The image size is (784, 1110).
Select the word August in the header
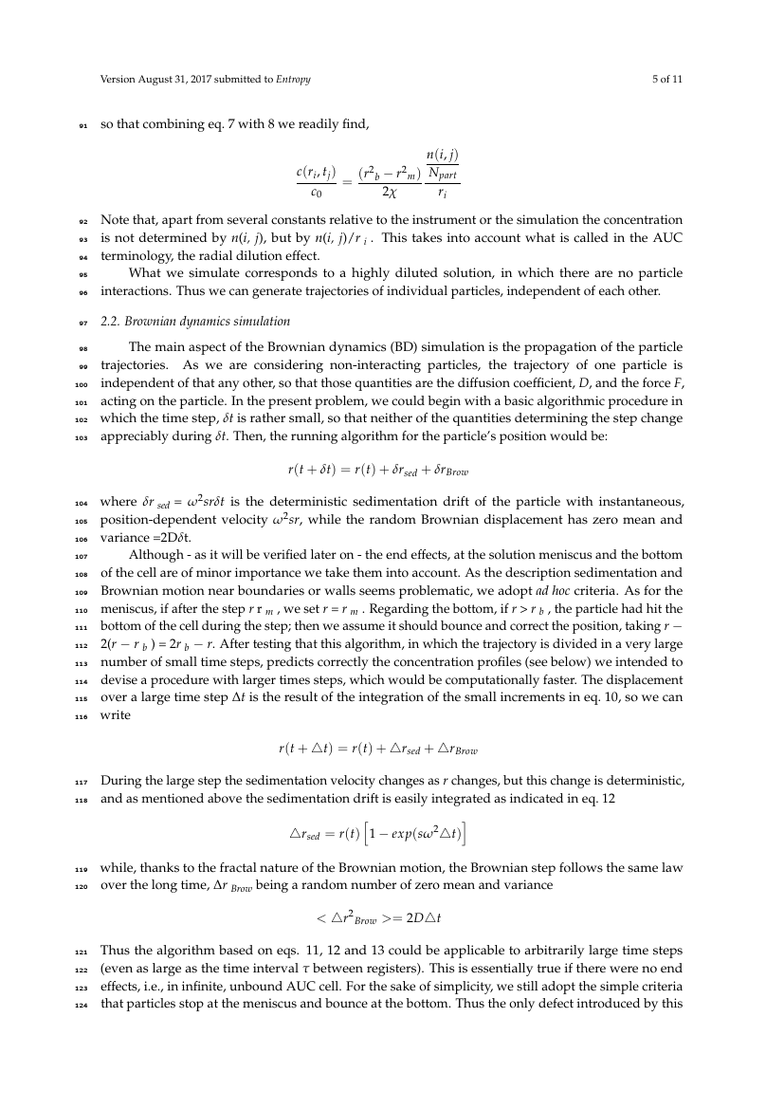(x=152, y=80)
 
